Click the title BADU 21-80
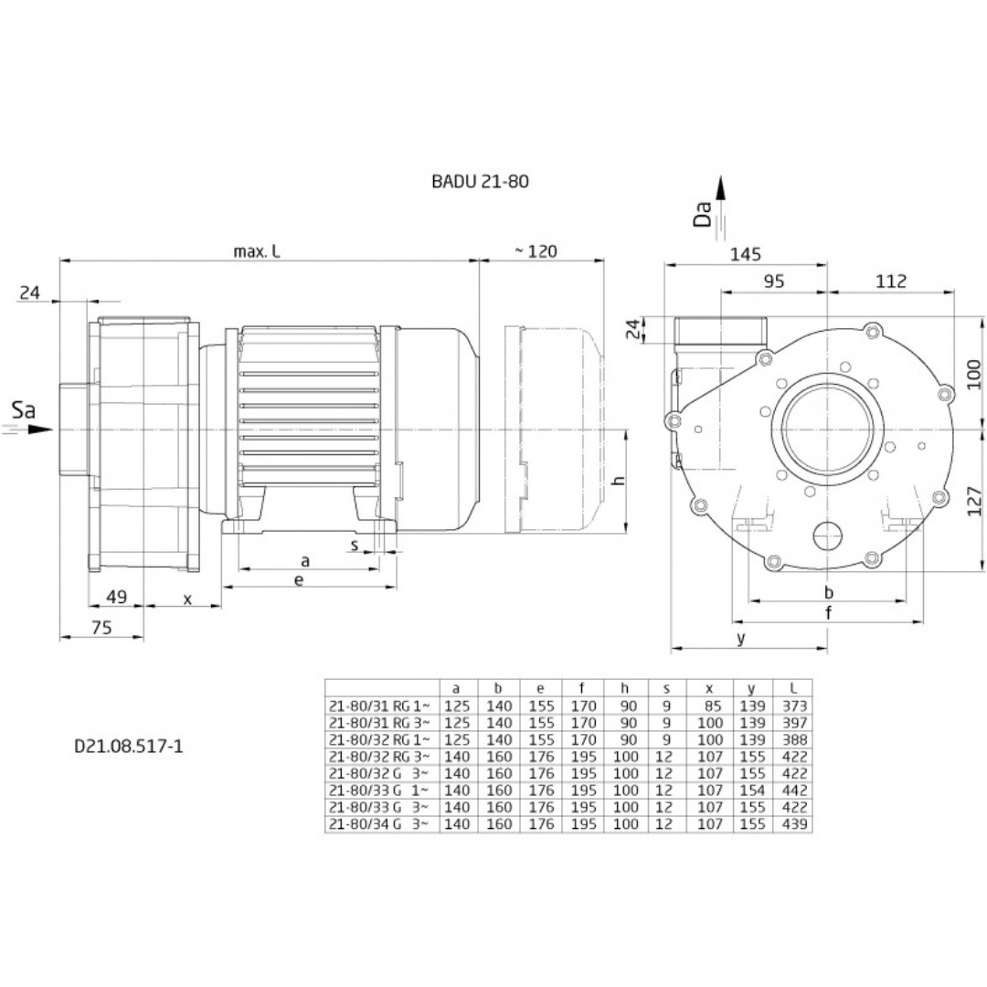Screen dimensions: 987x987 (480, 182)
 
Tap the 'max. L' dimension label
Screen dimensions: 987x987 (256, 251)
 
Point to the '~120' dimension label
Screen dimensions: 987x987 (536, 251)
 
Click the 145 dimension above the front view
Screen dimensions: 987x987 (747, 255)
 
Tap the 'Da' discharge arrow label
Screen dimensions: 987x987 (703, 214)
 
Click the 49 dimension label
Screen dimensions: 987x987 (116, 598)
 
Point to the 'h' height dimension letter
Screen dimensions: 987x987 (619, 482)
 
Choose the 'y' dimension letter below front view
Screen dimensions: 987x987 (741, 639)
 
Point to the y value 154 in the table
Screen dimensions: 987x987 (751, 791)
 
